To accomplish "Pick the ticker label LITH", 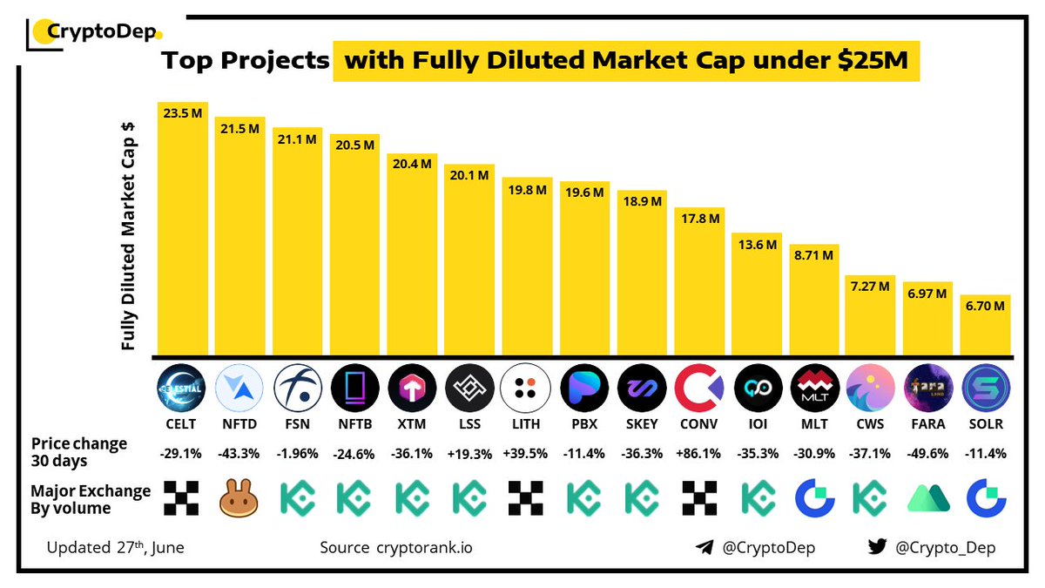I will pyautogui.click(x=526, y=425).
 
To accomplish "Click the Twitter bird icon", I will pyautogui.click(x=877, y=548).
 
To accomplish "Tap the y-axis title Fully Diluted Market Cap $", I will pyautogui.click(x=128, y=231).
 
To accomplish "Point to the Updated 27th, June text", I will pyautogui.click(x=116, y=548).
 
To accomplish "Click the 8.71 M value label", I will pyautogui.click(x=813, y=256).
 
